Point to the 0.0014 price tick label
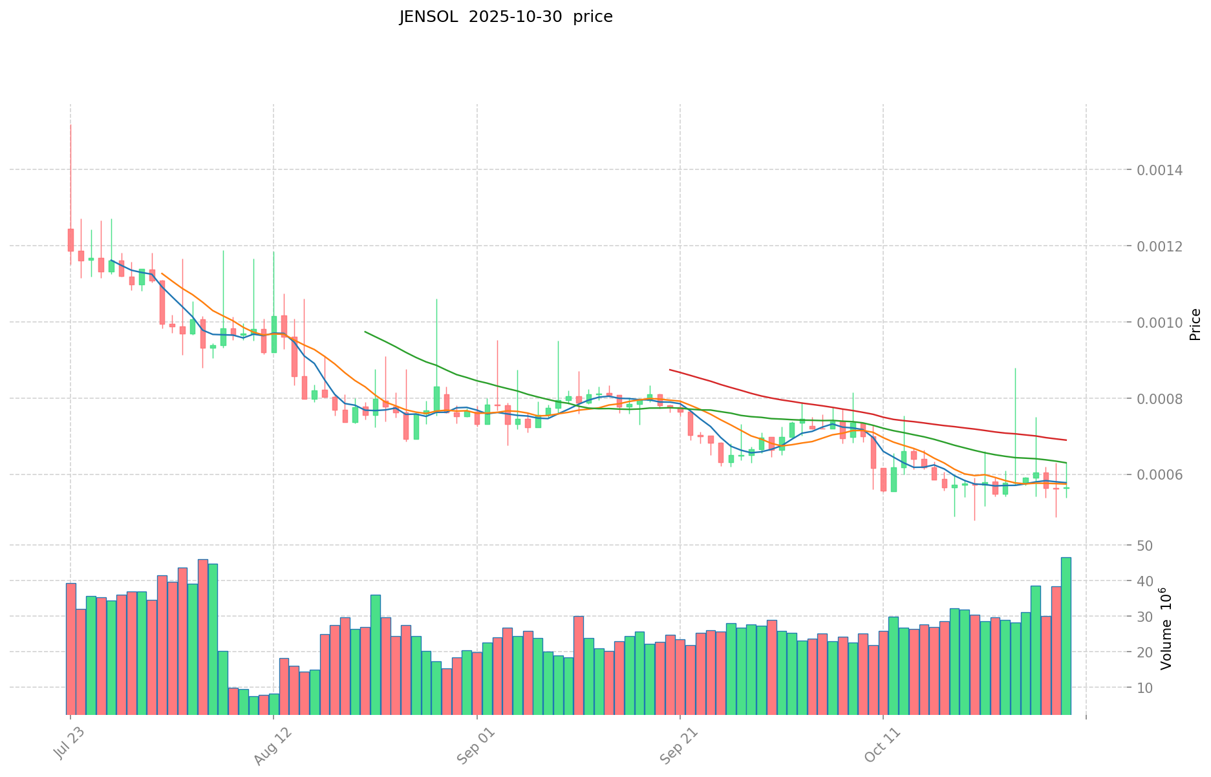point(1161,170)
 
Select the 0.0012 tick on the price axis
point(1161,246)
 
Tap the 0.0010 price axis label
point(1161,323)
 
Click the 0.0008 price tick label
point(1161,399)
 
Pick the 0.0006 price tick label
point(1161,475)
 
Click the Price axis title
point(1195,325)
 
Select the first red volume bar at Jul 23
point(70,649)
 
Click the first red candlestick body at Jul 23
point(70,240)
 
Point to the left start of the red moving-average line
point(670,370)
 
